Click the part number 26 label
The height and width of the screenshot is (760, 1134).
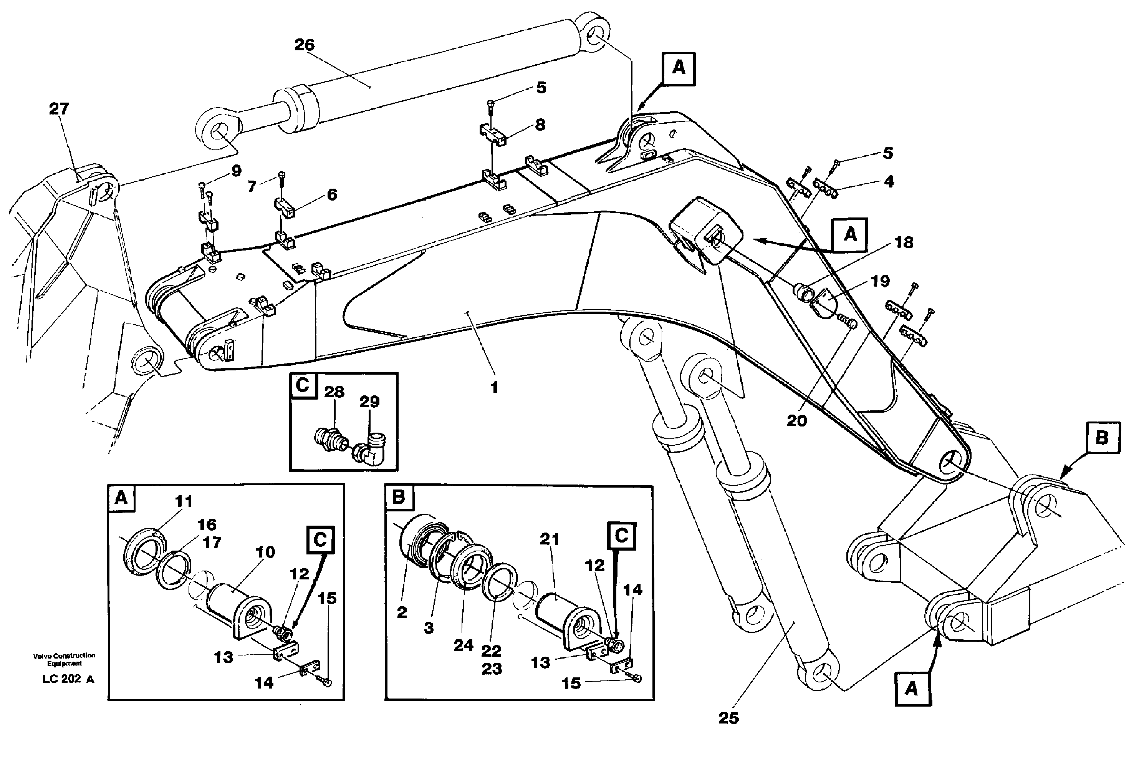(304, 45)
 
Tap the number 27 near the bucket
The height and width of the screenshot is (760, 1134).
(59, 109)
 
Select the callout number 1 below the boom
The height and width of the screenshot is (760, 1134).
(494, 388)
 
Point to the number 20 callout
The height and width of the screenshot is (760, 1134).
(796, 421)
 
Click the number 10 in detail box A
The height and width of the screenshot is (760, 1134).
(265, 552)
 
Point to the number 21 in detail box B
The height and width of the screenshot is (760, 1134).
(549, 539)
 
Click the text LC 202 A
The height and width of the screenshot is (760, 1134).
(68, 679)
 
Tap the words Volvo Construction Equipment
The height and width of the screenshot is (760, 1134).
(64, 659)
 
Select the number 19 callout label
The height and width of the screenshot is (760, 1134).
(880, 281)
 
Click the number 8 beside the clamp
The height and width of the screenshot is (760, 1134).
(540, 124)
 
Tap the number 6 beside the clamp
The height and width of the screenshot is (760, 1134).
(332, 194)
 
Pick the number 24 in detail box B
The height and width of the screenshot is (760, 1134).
(463, 645)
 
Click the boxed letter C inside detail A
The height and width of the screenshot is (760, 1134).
(320, 539)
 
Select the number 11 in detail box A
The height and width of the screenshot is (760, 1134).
(184, 501)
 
